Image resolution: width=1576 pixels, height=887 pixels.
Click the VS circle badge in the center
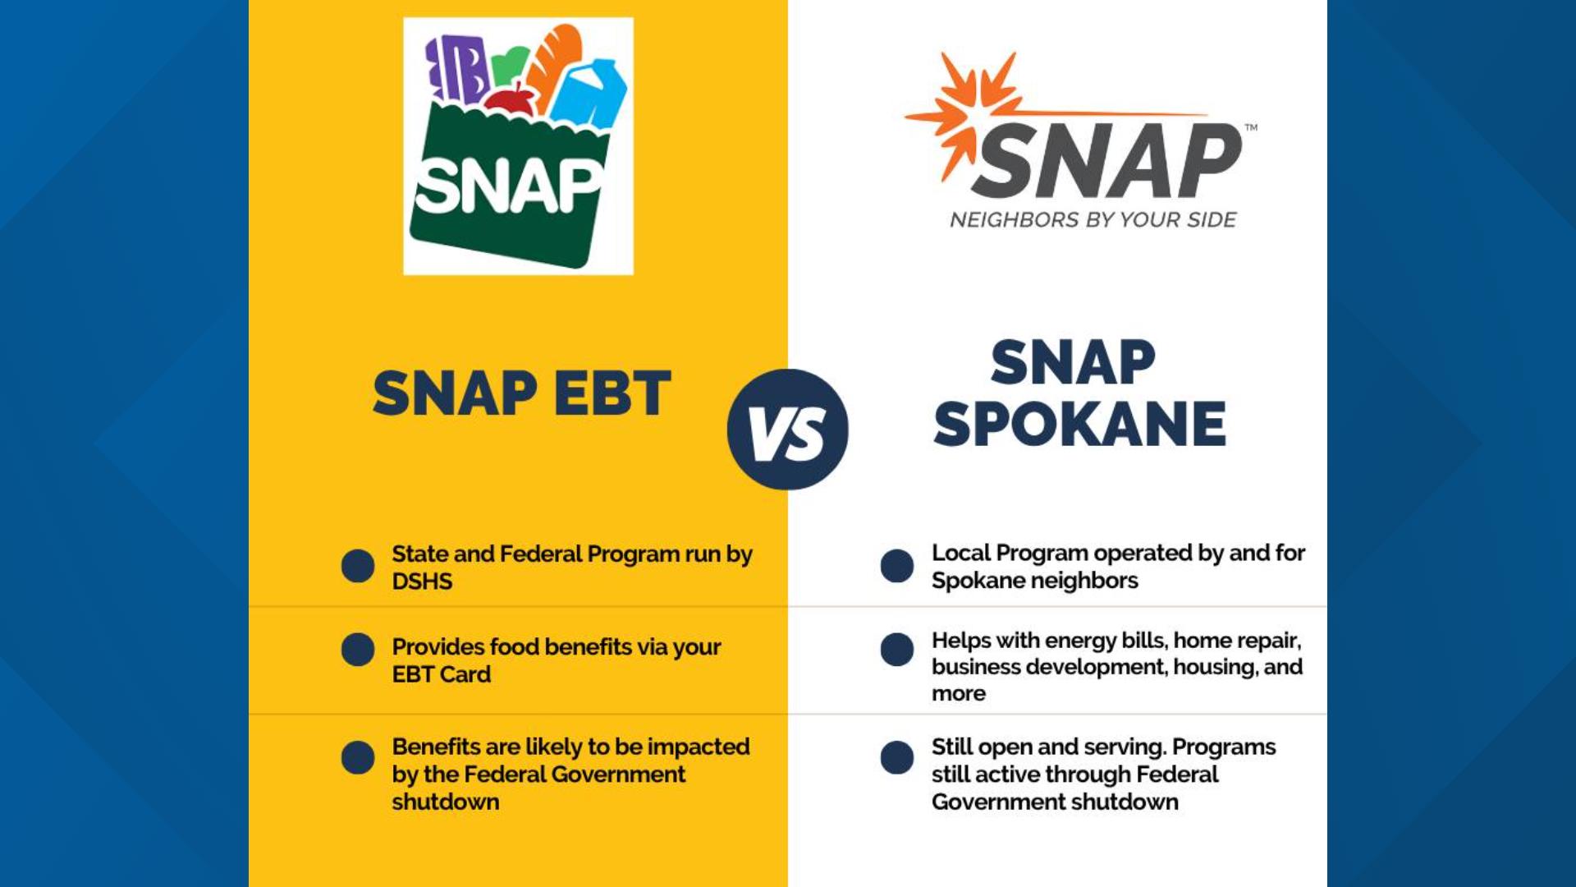[x=787, y=429]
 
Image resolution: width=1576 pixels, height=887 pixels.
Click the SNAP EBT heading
[x=522, y=393]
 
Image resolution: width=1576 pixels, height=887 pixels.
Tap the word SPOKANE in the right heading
[x=1079, y=425]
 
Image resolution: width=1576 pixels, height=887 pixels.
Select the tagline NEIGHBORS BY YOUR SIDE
[x=1093, y=220]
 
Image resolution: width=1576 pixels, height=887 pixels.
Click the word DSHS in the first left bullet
[x=422, y=581]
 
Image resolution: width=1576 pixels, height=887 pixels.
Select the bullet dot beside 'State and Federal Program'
[x=358, y=566]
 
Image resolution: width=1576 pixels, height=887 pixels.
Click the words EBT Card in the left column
[x=442, y=674]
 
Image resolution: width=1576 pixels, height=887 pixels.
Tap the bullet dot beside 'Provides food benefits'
[x=358, y=649]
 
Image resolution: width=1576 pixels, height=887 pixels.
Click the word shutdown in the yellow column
[x=446, y=802]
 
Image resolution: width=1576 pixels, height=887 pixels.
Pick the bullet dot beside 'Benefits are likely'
[x=358, y=757]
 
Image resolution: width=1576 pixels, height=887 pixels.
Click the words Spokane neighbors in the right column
[x=1034, y=581]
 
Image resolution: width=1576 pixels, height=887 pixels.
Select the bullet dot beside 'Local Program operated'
[x=897, y=566]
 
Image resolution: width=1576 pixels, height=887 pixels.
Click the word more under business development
[x=958, y=694]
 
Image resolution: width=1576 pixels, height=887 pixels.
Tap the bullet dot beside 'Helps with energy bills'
[x=897, y=649]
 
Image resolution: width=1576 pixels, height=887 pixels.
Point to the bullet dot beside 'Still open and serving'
[x=897, y=757]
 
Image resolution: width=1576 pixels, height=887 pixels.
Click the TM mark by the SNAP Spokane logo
[x=1251, y=127]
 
